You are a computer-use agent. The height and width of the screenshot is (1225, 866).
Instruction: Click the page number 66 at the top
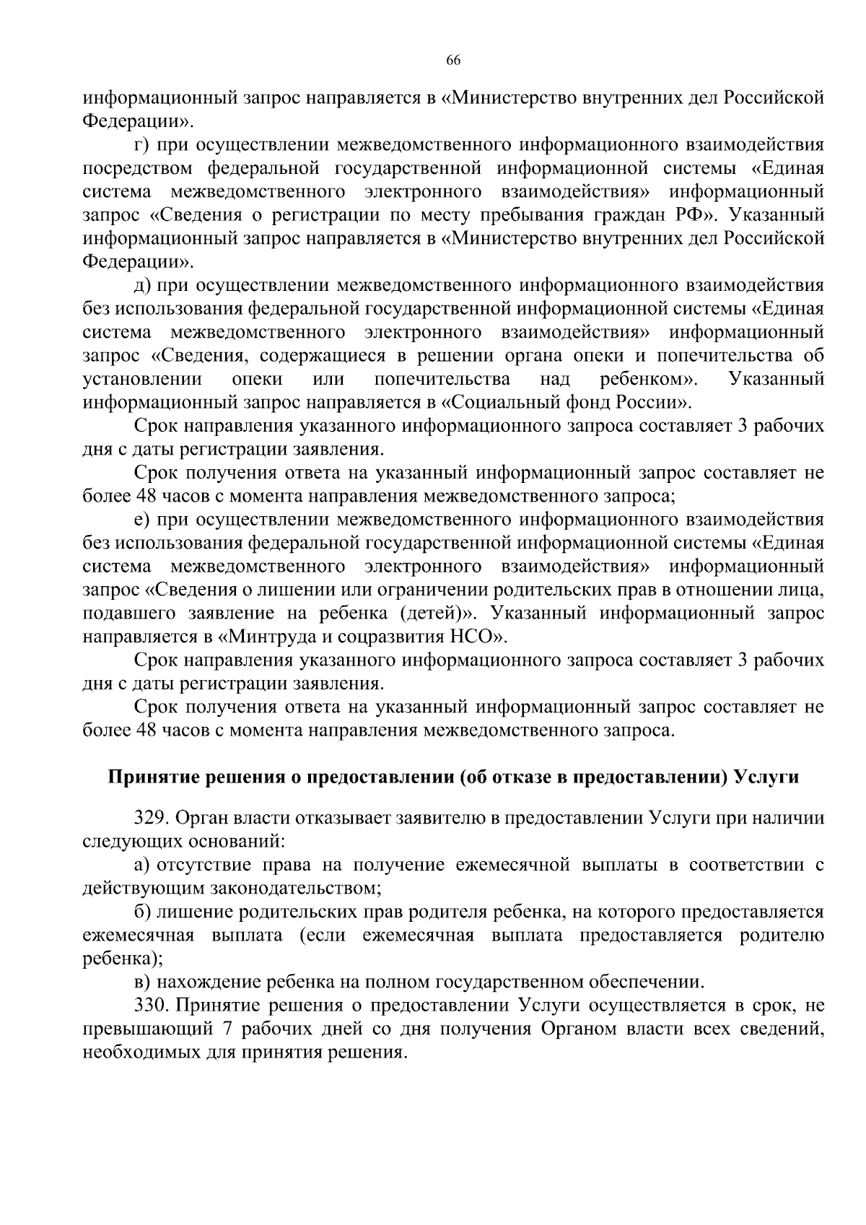(453, 61)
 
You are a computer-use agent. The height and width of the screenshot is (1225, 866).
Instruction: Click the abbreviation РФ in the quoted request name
(691, 215)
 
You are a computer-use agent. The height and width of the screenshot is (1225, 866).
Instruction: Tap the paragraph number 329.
(151, 818)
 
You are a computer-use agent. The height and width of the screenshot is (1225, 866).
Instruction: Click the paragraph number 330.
(151, 1006)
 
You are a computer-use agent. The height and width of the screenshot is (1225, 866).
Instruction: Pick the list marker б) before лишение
(143, 912)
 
